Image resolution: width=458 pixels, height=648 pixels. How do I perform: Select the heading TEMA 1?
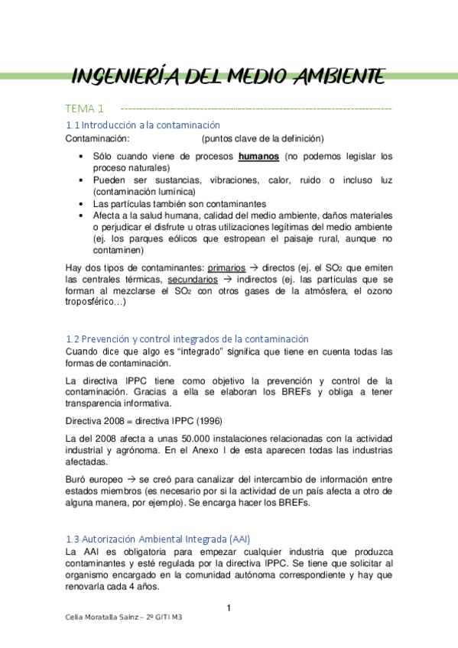84,109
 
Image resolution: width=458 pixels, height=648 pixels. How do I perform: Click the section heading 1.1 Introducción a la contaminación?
143,125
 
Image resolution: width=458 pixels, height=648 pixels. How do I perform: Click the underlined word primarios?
227,268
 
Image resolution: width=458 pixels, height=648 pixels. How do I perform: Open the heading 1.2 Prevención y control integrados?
187,339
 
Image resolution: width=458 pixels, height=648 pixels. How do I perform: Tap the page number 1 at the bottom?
229,608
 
